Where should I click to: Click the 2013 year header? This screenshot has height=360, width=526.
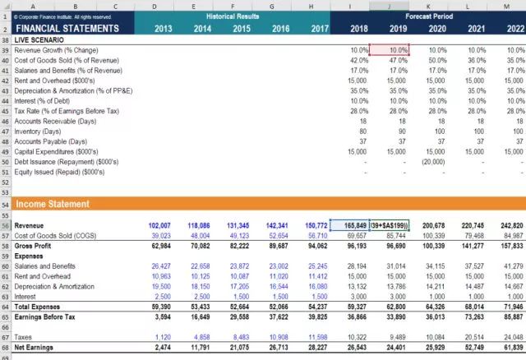(163, 28)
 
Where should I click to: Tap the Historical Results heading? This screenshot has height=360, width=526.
(233, 16)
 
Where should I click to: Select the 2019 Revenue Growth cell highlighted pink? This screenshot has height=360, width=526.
(389, 50)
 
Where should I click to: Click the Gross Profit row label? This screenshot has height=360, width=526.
(34, 245)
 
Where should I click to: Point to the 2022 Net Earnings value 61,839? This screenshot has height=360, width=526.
(513, 348)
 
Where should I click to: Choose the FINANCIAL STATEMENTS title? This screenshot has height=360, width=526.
(62, 28)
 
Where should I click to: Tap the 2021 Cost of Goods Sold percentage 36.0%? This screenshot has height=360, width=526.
(474, 60)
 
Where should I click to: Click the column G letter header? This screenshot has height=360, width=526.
(272, 5)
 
